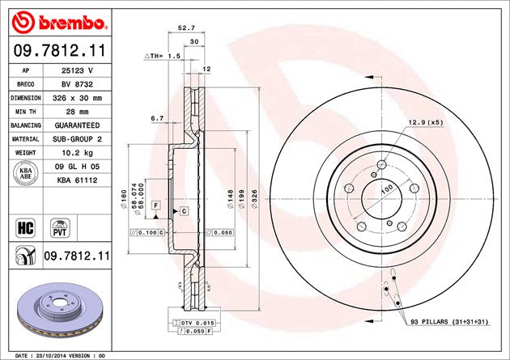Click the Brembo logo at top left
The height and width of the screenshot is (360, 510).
coord(59,23)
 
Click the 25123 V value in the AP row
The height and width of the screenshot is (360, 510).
coord(78,70)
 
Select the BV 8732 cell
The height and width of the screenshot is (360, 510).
coord(78,84)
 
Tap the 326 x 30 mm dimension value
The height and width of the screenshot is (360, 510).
coord(78,98)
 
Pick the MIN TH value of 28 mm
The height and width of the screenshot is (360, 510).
coord(78,112)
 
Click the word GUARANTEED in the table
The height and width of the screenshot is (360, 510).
coord(78,125)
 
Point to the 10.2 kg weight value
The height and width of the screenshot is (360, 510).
coord(78,153)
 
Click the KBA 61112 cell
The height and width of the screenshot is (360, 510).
coord(78,180)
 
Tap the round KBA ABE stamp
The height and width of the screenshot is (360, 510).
coord(26,173)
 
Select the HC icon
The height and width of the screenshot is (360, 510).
coord(26,228)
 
